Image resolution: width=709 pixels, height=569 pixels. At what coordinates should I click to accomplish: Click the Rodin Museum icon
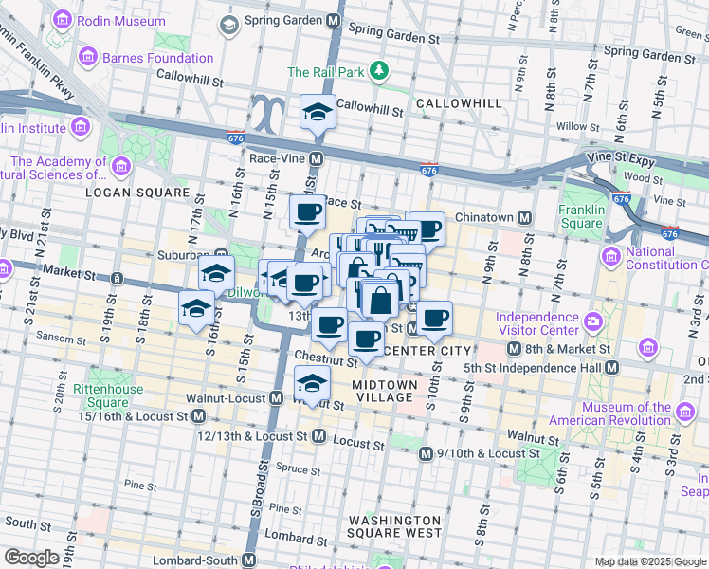(63, 19)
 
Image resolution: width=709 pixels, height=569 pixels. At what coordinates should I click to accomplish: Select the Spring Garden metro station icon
(333, 20)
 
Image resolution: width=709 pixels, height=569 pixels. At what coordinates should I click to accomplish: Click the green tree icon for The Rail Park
(379, 71)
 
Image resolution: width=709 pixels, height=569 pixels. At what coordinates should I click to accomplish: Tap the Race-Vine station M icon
(317, 158)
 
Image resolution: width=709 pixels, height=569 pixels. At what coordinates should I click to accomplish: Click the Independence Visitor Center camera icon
(593, 321)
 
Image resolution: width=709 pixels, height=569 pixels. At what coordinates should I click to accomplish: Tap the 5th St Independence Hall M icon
(611, 367)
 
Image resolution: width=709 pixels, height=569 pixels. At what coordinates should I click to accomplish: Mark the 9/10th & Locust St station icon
(427, 453)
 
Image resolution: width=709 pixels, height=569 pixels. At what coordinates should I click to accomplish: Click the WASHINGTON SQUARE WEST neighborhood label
(393, 527)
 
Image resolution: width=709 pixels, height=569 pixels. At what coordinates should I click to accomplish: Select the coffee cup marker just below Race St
(307, 212)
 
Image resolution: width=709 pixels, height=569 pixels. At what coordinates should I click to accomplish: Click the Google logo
(31, 558)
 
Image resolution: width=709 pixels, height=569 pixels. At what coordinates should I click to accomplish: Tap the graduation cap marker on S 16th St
(196, 307)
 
